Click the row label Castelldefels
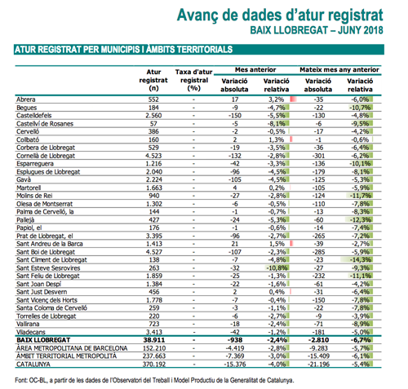coord(34,116)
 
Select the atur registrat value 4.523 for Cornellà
coord(153,156)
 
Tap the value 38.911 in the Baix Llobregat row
coord(154,340)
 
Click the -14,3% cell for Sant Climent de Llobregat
coord(360,260)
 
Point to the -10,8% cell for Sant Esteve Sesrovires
coord(277,268)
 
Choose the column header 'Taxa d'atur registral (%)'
coord(193,80)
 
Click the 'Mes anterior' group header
coord(255,70)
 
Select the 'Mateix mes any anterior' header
coord(339,70)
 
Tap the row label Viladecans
coord(31,332)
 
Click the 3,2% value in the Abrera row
coord(277,99)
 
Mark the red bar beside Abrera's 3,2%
coord(294,99)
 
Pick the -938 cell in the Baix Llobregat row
coord(234,340)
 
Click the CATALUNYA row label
coord(33,365)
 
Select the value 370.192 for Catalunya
coord(154,365)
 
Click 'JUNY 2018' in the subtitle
coord(361,30)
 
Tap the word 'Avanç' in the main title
coord(197,15)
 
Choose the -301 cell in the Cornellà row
coord(318,156)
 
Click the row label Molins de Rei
coord(34,196)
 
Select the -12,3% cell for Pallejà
coord(360,220)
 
